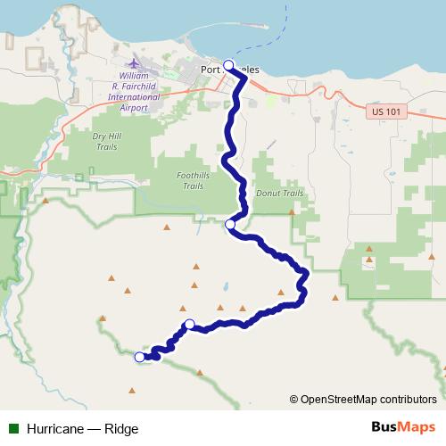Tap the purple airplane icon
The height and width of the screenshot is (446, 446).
click(x=134, y=64)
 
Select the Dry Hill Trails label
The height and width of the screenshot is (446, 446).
click(x=105, y=141)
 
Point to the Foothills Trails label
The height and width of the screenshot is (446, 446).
click(x=194, y=181)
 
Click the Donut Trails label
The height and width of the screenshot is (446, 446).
click(x=279, y=193)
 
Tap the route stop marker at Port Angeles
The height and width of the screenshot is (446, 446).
click(x=229, y=65)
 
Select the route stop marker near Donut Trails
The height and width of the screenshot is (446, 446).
click(x=231, y=224)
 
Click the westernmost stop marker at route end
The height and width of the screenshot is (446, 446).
click(x=139, y=357)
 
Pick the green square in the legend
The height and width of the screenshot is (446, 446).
click(x=13, y=428)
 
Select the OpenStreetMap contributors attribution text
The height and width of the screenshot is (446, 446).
click(x=368, y=399)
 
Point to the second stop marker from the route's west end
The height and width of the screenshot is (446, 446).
click(x=189, y=325)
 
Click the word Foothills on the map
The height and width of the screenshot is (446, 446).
click(x=194, y=177)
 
